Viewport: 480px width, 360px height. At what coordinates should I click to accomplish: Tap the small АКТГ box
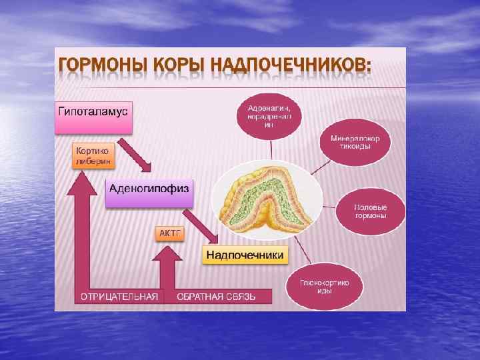[169, 233]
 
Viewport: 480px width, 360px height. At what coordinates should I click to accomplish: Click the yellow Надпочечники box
[245, 255]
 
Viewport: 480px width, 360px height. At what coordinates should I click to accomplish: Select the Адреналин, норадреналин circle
[269, 115]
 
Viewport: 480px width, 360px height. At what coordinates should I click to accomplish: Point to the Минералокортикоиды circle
[355, 143]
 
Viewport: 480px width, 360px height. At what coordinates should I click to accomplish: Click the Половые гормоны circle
[371, 211]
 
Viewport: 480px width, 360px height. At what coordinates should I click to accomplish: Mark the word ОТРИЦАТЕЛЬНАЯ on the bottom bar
[120, 296]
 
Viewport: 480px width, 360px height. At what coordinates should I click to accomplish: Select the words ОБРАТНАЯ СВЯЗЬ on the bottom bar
[215, 296]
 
